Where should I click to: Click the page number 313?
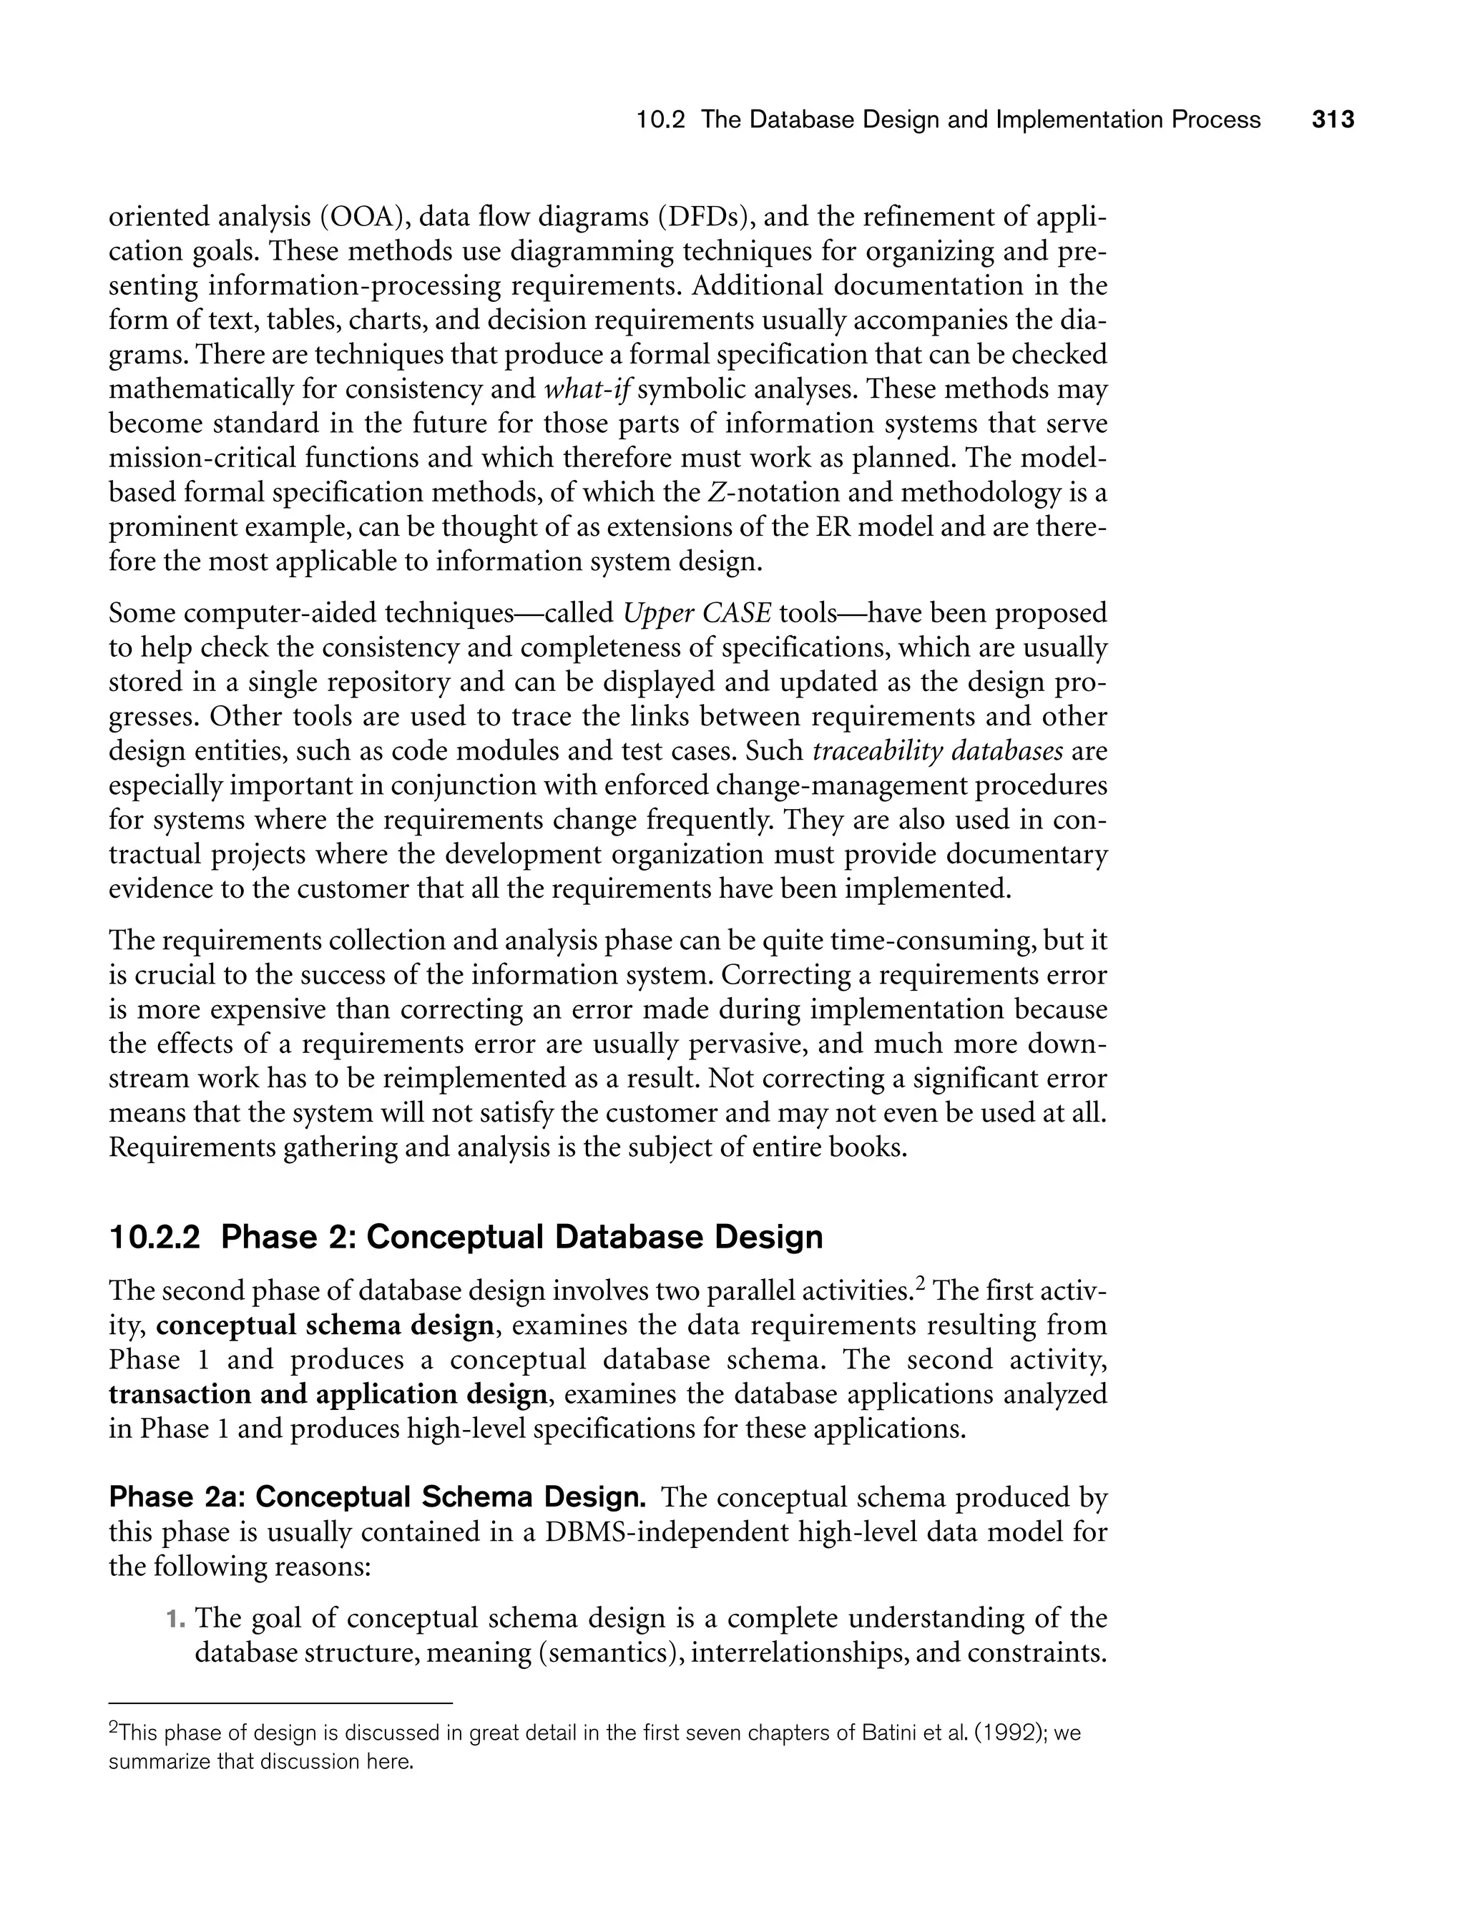point(1333,120)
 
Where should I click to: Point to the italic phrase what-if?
point(589,389)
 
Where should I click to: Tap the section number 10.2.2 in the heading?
point(155,1238)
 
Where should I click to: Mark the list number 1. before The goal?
point(176,1619)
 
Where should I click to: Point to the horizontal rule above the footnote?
point(281,1703)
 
